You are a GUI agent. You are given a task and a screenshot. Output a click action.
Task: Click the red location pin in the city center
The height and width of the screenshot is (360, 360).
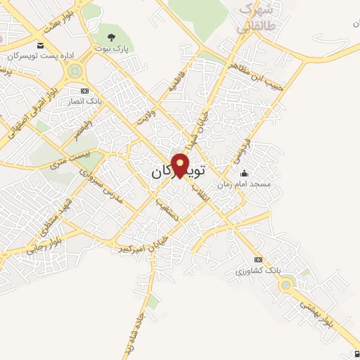coord(181,165)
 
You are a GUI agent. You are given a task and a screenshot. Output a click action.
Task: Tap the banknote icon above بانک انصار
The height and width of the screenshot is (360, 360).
coord(85,91)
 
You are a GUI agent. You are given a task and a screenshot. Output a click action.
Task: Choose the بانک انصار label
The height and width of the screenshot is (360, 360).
coord(85,101)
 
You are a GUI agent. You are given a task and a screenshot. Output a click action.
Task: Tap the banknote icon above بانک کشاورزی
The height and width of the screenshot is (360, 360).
coord(258,259)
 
